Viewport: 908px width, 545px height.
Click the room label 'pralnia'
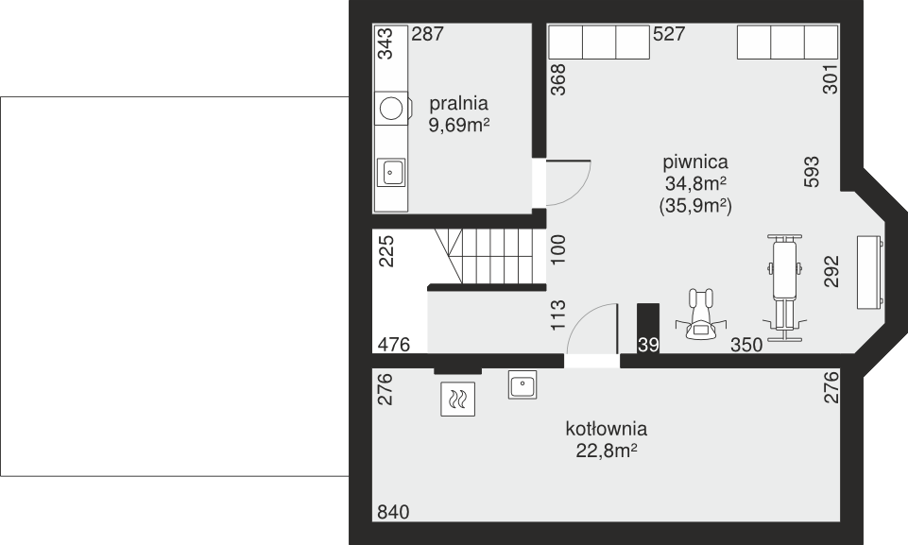pos(458,104)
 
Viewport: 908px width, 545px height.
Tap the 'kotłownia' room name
pos(607,429)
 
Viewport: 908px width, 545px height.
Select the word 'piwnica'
pos(695,162)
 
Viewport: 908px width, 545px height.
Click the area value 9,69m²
pos(459,125)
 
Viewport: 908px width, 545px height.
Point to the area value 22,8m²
pos(607,451)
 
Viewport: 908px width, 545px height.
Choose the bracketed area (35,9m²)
pos(695,206)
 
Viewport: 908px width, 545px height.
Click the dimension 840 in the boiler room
pos(393,512)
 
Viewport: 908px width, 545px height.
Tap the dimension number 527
pos(669,34)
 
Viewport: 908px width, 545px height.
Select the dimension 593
pos(812,172)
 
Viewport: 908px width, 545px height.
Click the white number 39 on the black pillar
pos(648,345)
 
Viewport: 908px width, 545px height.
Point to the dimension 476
pos(394,345)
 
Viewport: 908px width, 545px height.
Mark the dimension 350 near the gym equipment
pos(746,345)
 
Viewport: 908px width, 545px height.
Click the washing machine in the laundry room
pos(393,109)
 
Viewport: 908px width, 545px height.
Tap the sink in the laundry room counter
pos(391,172)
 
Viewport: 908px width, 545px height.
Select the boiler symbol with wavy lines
pos(457,399)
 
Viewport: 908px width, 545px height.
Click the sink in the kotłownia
pos(523,384)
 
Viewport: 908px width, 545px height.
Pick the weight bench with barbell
pos(784,288)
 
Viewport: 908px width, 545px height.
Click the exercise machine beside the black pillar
pos(701,314)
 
